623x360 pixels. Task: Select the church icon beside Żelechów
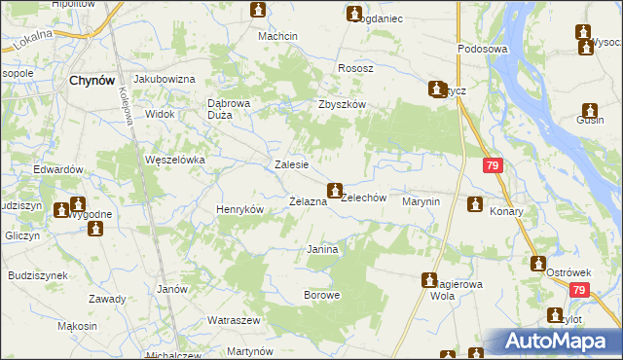335,189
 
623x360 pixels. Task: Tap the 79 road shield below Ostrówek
580,290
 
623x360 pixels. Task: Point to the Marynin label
421,201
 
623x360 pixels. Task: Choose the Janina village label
322,250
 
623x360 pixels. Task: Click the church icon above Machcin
258,11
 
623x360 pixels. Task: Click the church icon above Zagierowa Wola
428,280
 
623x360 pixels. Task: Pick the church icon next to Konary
475,204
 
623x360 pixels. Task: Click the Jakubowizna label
165,79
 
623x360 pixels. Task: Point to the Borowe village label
322,295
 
